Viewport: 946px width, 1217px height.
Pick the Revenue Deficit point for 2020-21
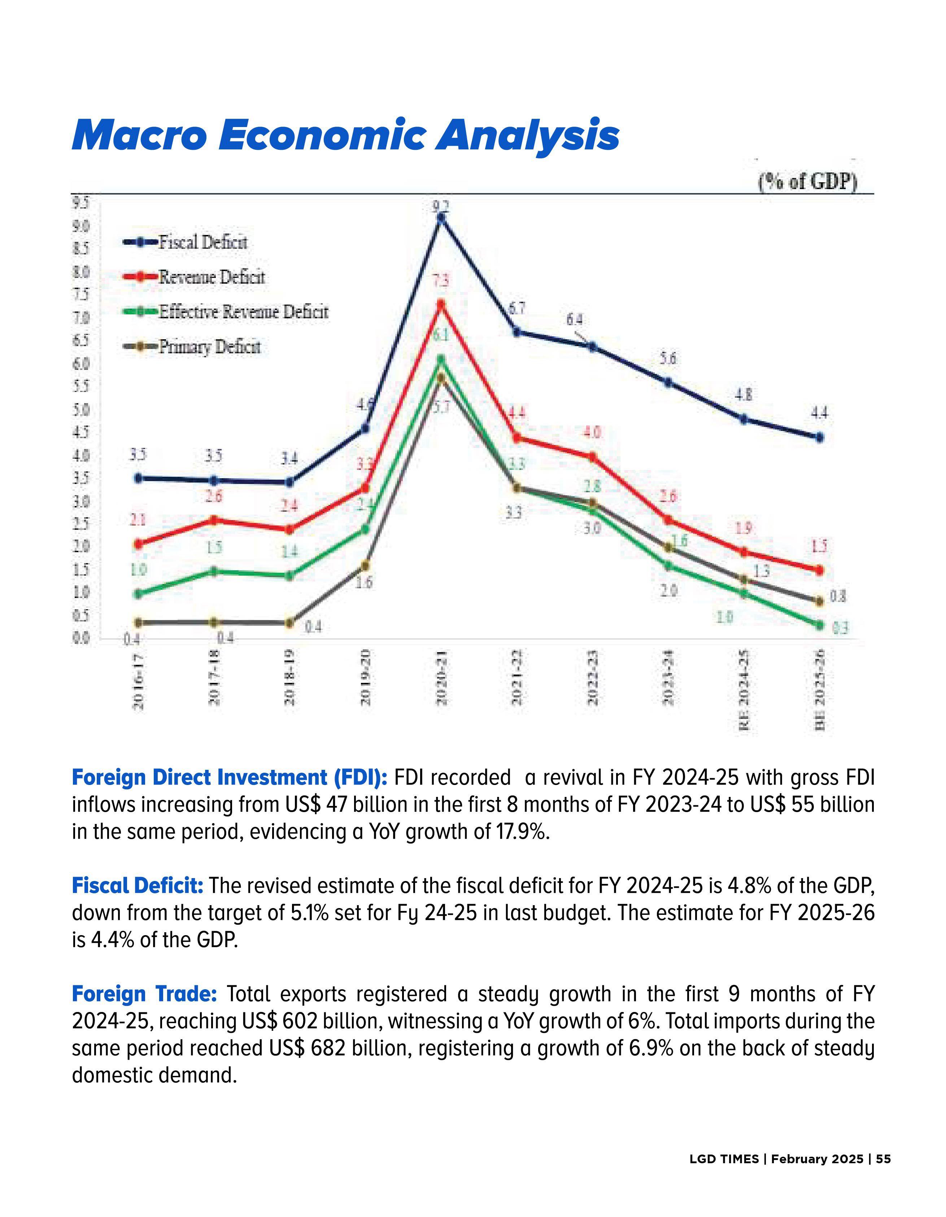pos(441,304)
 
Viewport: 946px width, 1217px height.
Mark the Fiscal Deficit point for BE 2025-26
pos(819,437)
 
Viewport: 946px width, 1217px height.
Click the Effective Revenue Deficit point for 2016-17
pos(138,594)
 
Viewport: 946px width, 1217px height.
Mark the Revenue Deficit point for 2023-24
pos(668,520)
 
